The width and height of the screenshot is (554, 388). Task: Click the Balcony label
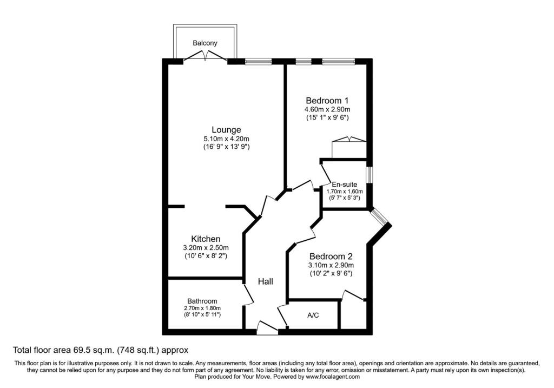pos(205,43)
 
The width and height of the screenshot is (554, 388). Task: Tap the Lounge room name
pos(227,130)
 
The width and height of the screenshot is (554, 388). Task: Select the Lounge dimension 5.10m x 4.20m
pos(227,139)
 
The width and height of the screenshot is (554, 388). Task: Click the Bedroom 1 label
pos(327,100)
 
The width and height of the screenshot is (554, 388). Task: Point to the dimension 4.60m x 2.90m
pos(327,109)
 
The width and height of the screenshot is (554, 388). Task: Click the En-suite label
pos(345,185)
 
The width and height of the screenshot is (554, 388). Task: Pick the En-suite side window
pos(369,175)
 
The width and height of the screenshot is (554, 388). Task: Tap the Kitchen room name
pos(206,239)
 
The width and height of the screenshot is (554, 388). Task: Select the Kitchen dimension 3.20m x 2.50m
pos(206,248)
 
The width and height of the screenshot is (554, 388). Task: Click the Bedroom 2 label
pos(331,257)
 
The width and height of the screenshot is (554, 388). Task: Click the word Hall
pos(265,281)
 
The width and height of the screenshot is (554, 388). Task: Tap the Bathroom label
pos(202,301)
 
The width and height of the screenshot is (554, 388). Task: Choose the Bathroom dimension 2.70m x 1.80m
pos(202,308)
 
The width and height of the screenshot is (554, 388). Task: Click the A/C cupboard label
pos(313,315)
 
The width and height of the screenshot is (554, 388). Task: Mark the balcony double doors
pos(205,56)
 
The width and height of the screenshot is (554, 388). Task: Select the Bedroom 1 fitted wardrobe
pos(349,147)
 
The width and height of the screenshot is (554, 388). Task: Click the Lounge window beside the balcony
pos(258,62)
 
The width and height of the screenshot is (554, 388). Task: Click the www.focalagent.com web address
pos(333,377)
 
